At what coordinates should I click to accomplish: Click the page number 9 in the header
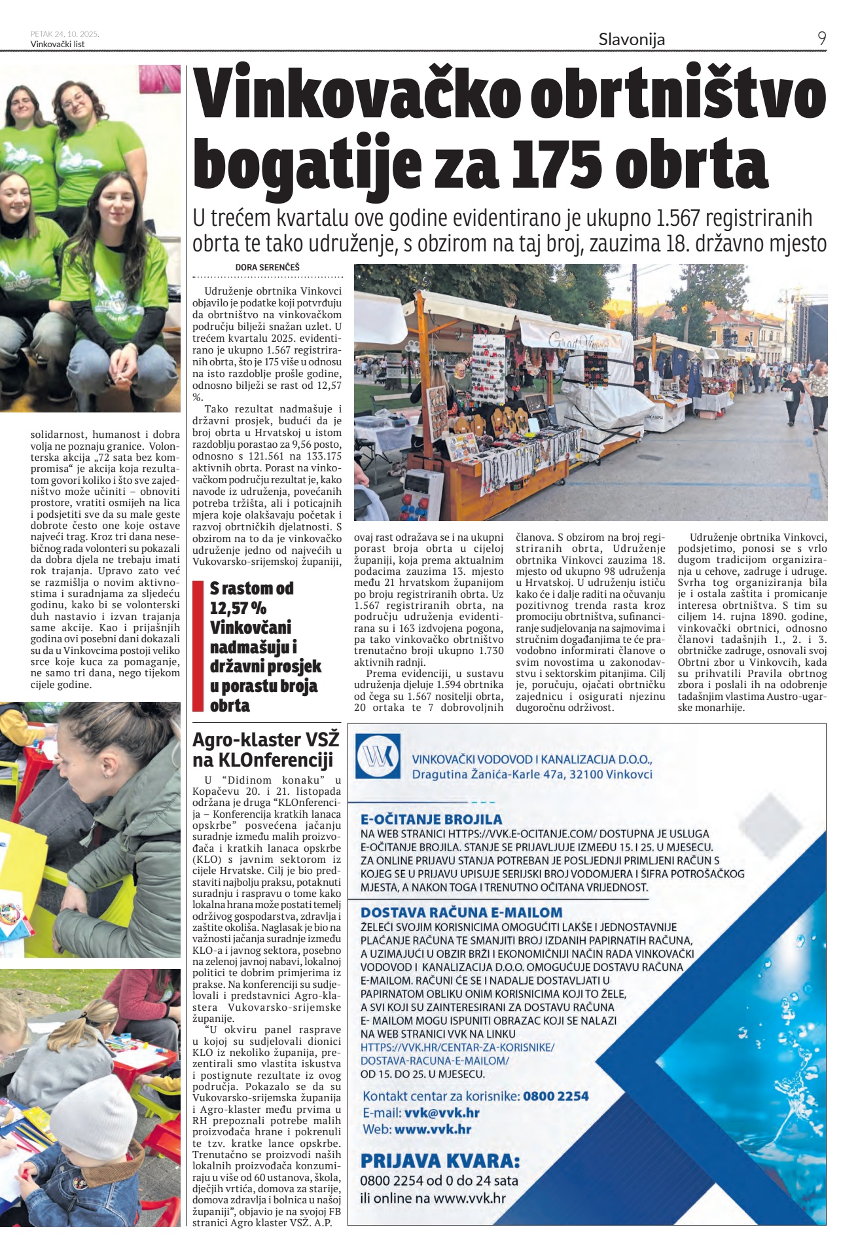tap(821, 39)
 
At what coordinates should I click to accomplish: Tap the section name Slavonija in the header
tap(632, 39)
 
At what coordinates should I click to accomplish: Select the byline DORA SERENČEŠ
tap(267, 267)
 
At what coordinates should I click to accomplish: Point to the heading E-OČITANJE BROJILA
tap(431, 819)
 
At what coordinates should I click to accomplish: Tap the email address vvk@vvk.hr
tap(442, 1113)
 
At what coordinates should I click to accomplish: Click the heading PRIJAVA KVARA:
tap(440, 1161)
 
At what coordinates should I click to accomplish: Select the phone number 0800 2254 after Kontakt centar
tap(556, 1096)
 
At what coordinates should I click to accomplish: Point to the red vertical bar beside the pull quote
tap(198, 646)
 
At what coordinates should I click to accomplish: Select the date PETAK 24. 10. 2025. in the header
tap(64, 34)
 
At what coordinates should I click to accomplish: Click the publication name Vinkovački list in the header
tap(58, 45)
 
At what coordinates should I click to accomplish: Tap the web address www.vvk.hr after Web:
tap(433, 1129)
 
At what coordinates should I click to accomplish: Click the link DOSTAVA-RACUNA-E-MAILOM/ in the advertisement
tap(435, 1061)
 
